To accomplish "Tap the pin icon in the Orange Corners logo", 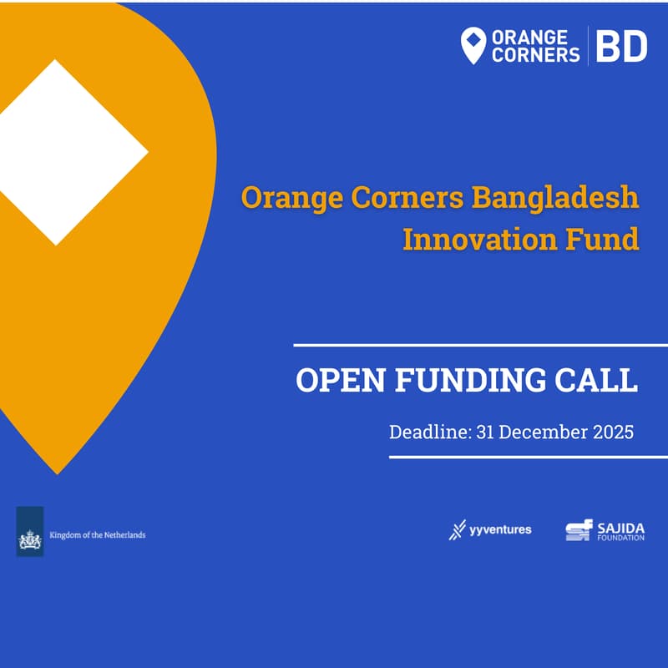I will [x=473, y=45].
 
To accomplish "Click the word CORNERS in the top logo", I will [x=535, y=55].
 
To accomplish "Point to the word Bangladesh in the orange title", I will [x=555, y=199].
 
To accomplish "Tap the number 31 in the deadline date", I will [x=488, y=433].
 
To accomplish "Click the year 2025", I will [x=614, y=433].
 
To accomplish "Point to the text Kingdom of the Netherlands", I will [x=98, y=534].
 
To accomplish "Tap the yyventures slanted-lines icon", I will [x=457, y=530].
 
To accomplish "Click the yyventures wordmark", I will [x=499, y=529].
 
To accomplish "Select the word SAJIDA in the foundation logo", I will [x=620, y=528].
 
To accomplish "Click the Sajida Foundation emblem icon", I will [x=579, y=531].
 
